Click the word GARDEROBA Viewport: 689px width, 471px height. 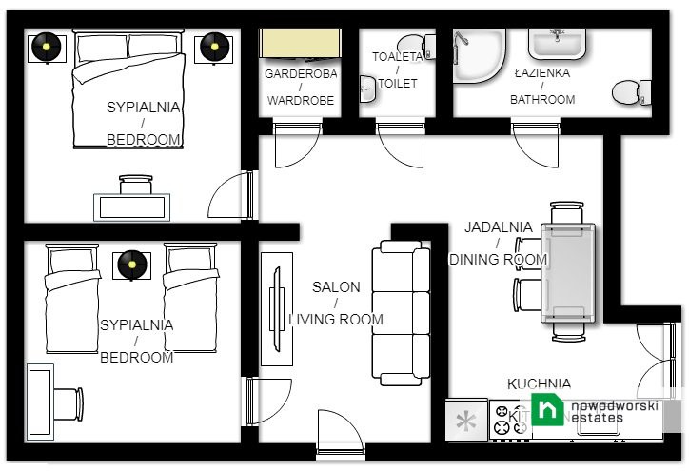pos(300,73)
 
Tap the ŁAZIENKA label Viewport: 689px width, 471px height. pos(542,73)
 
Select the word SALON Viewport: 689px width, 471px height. pos(336,286)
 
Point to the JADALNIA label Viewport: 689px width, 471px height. pos(498,227)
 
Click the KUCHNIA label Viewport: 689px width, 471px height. pos(539,383)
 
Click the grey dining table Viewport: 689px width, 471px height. pos(569,272)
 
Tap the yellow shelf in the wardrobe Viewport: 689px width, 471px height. pos(301,44)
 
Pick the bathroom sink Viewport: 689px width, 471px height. pos(561,43)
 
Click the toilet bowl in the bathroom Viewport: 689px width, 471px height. pos(629,91)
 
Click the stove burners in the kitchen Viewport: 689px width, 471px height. pos(510,419)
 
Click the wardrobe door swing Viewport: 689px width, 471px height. pos(290,143)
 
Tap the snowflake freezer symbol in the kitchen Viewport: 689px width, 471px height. pos(467,420)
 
